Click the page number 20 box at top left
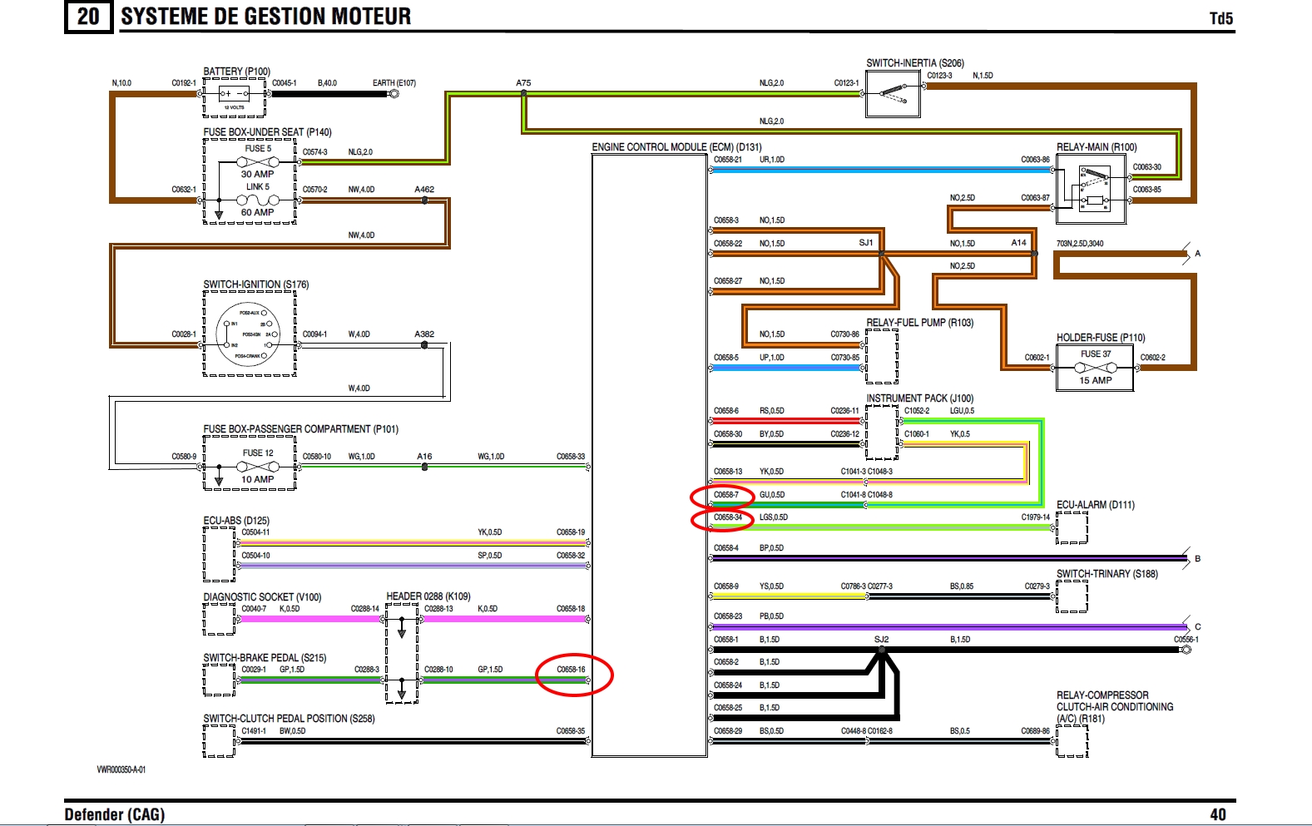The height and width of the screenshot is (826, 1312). [88, 17]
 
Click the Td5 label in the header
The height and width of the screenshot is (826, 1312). [1220, 18]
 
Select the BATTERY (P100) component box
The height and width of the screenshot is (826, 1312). [235, 99]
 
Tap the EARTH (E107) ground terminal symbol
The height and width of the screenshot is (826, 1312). [394, 94]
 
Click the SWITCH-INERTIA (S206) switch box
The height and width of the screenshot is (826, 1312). [893, 94]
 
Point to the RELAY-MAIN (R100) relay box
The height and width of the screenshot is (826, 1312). [1091, 188]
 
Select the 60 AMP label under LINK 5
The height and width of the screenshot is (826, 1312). [257, 212]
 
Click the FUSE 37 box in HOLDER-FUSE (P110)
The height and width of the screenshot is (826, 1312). [1095, 368]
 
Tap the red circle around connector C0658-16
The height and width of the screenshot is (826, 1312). [574, 675]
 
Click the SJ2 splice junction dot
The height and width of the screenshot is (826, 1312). [882, 650]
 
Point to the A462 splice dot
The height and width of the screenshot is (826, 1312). [424, 200]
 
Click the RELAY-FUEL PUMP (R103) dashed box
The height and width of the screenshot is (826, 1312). [882, 355]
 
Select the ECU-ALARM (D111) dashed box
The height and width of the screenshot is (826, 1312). [1072, 527]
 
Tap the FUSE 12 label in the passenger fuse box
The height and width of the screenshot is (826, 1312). [258, 453]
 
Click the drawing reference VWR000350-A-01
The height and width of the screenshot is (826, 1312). [121, 769]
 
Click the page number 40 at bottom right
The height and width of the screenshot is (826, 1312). [1218, 814]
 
